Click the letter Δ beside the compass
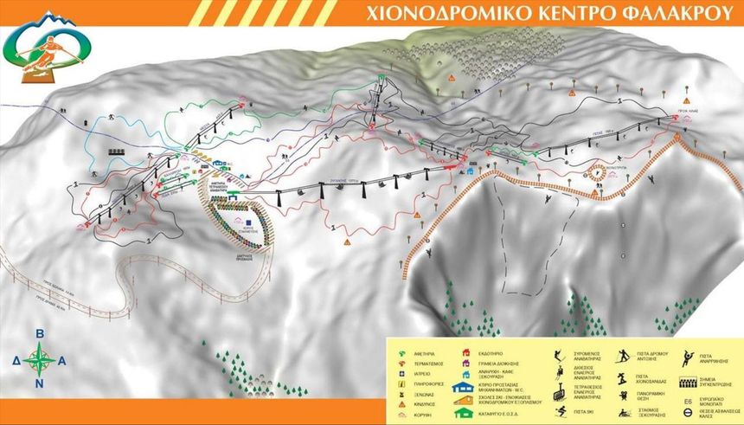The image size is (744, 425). pyautogui.click(x=16, y=357)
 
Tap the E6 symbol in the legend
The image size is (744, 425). pyautogui.click(x=688, y=401)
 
